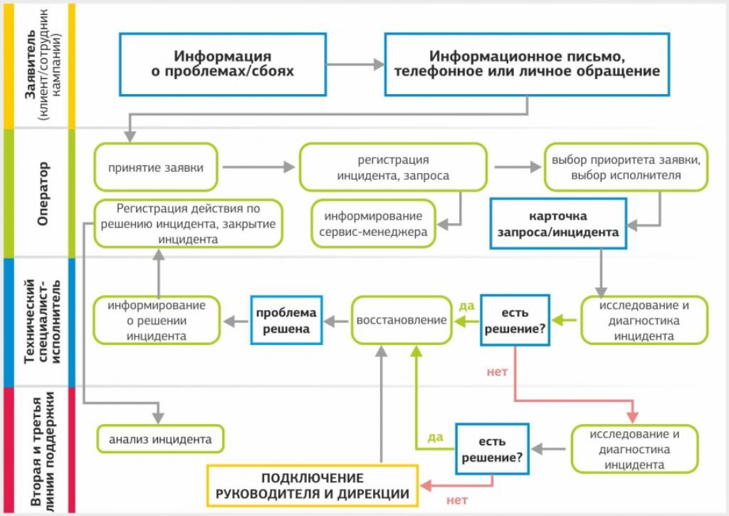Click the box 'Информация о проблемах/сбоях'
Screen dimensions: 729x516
(x=223, y=64)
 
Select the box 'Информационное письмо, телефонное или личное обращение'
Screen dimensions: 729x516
(x=527, y=64)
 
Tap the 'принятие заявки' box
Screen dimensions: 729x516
(x=156, y=167)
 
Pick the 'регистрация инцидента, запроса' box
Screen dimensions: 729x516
(x=393, y=167)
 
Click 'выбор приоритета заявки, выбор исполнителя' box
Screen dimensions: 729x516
(x=626, y=167)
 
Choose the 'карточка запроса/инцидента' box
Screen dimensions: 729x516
(x=558, y=223)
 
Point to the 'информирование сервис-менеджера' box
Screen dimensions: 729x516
(x=373, y=223)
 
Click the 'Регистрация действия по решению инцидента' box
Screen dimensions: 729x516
(x=188, y=223)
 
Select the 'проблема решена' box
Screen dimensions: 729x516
(x=286, y=320)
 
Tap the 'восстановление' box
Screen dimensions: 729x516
(x=402, y=320)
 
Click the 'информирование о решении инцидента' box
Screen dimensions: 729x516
(x=157, y=320)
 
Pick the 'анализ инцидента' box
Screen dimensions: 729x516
(x=160, y=439)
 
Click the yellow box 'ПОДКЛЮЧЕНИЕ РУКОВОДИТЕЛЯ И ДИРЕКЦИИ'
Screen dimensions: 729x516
(x=313, y=486)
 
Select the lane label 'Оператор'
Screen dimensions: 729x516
(x=43, y=194)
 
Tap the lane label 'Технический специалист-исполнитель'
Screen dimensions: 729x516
(x=43, y=321)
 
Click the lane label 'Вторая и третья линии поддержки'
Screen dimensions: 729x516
(x=43, y=451)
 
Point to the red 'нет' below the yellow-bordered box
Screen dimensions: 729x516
(x=457, y=500)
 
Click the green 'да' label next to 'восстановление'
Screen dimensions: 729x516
(x=467, y=306)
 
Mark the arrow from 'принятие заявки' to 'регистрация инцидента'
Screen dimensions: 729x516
(x=258, y=167)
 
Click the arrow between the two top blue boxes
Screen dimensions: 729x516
(x=356, y=64)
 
